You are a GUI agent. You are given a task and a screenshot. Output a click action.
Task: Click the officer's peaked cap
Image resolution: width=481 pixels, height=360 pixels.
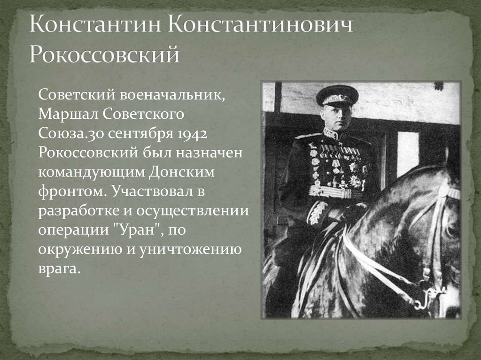(x=337, y=95)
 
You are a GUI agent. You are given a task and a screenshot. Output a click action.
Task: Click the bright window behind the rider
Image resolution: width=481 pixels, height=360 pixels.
(x=407, y=153)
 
